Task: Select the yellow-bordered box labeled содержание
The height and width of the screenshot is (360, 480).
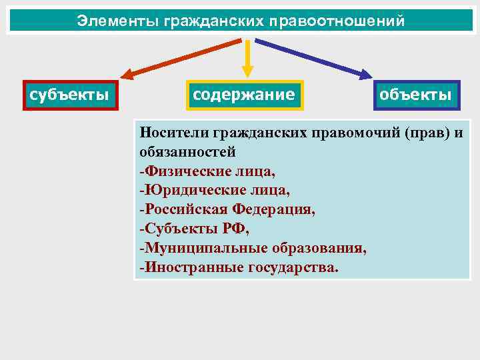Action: pos(243,95)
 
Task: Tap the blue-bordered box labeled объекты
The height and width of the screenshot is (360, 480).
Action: pos(415,95)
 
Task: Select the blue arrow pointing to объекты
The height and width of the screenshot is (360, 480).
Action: pos(313,57)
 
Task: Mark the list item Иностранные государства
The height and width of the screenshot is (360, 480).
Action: pos(239,267)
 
